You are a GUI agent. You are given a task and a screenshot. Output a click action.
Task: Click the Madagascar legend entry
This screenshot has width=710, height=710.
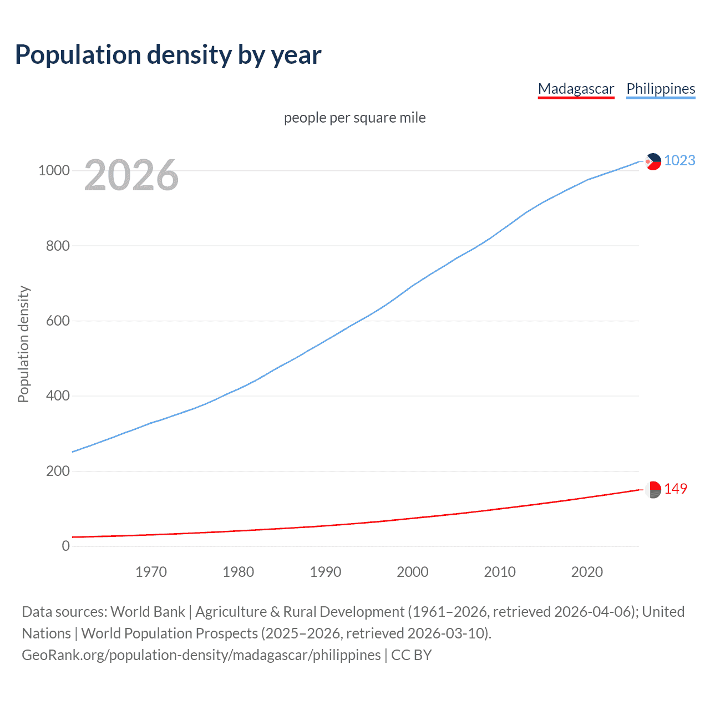(576, 89)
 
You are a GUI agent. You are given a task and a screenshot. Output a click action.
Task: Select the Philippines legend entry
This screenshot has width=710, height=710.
(660, 89)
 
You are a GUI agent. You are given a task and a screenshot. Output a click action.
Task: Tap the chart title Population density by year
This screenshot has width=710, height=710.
(168, 55)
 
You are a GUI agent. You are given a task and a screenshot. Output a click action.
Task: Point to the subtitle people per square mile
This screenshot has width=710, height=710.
(354, 118)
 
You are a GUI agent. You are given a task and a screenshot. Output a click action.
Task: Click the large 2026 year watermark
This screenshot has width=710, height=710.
(131, 175)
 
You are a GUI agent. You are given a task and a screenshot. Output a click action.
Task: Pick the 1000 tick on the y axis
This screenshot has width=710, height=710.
(54, 171)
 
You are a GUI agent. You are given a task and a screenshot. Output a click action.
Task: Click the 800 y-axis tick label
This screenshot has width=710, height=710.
(58, 246)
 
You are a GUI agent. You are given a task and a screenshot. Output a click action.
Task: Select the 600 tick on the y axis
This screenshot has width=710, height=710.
(58, 321)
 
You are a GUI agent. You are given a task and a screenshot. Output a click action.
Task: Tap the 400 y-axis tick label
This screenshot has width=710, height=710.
(58, 396)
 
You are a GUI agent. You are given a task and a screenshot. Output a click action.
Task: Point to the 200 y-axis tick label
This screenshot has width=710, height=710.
(58, 471)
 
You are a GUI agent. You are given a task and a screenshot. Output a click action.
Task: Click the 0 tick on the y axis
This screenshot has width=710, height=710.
(66, 546)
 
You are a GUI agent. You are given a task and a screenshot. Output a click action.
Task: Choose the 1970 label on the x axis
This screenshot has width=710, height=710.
(151, 572)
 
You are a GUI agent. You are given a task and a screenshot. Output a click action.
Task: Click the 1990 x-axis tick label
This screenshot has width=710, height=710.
(326, 572)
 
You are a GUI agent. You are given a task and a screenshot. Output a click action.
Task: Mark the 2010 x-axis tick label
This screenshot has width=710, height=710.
(500, 572)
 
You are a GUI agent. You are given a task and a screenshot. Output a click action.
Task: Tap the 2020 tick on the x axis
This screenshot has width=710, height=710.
(587, 572)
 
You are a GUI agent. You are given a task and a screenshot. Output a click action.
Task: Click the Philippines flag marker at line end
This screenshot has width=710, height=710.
(653, 161)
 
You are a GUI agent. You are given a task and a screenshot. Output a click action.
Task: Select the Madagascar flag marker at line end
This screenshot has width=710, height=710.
(653, 490)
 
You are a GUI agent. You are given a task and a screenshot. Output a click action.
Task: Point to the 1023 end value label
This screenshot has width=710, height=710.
(679, 160)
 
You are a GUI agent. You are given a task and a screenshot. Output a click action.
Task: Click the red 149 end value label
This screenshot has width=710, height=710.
(676, 489)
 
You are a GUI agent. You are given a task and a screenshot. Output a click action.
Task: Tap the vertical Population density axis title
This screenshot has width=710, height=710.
(23, 344)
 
